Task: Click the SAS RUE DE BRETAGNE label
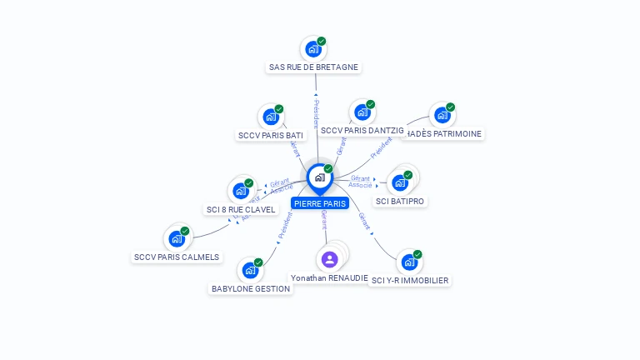[x=313, y=67]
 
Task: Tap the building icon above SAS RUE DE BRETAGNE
[x=312, y=48]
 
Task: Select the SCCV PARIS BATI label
[x=271, y=135]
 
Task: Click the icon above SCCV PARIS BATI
[x=270, y=117]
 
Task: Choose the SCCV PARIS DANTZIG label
[x=362, y=131]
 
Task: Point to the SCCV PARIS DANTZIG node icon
[x=361, y=112]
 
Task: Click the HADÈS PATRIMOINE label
[x=443, y=133]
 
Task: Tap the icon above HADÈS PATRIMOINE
[x=441, y=115]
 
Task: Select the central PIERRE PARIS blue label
[x=320, y=203]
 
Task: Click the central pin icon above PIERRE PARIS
[x=319, y=177]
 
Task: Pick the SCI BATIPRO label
[x=400, y=202]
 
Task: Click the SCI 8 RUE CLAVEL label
[x=240, y=209]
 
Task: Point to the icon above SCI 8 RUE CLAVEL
[x=240, y=190]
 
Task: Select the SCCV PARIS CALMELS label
[x=177, y=257]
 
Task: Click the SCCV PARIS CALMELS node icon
[x=176, y=238]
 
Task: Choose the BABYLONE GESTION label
[x=251, y=288]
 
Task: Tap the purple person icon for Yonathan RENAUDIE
[x=329, y=259]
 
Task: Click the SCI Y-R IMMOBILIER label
[x=410, y=281]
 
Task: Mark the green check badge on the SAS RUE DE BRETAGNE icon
[x=322, y=41]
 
